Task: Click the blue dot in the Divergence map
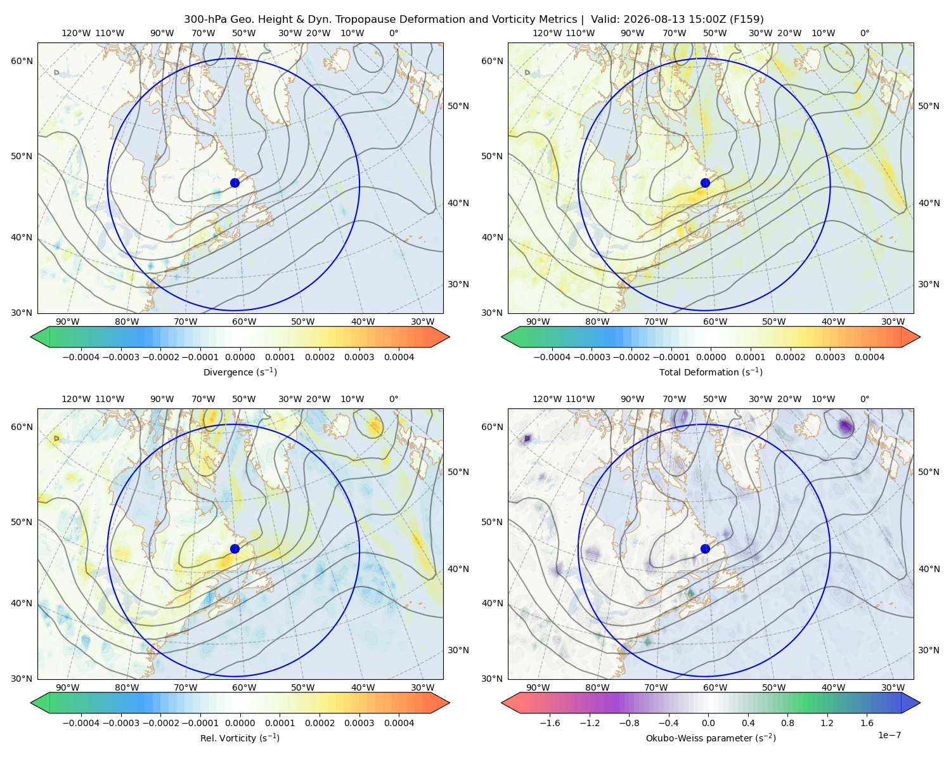235,183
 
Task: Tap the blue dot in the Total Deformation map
705,183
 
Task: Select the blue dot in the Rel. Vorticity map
235,549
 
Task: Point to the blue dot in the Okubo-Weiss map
705,549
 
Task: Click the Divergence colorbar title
240,372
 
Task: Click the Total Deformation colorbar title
711,372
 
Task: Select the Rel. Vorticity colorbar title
240,738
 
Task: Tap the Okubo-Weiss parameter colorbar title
711,738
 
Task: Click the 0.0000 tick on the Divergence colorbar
240,357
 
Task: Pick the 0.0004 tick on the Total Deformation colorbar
869,357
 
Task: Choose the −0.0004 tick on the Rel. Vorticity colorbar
81,723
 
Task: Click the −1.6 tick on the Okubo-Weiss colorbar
550,723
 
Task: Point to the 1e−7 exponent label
889,735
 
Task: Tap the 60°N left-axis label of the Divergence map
22,61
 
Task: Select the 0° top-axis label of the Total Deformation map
864,33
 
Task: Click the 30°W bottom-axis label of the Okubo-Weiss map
893,687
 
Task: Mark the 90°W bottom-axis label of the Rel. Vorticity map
68,687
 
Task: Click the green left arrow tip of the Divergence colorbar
31,337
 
